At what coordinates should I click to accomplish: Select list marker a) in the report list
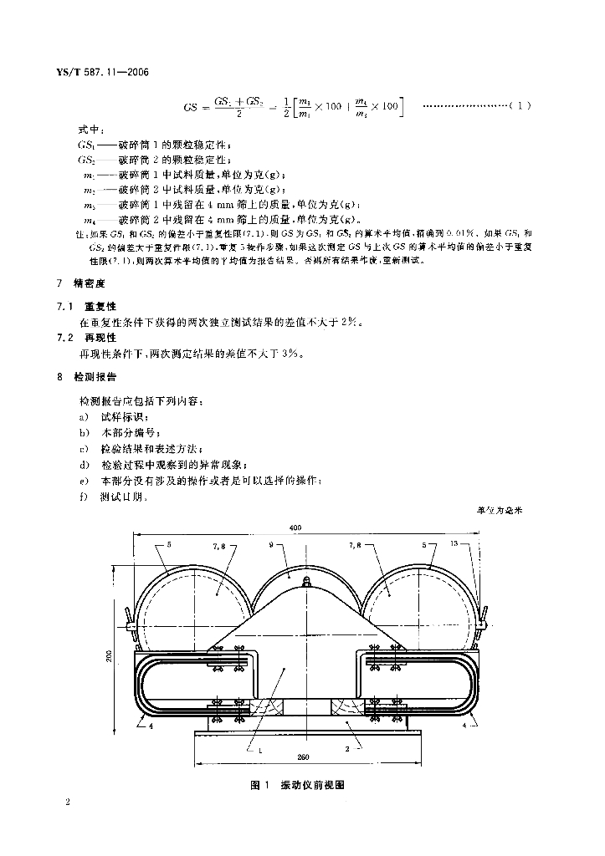83,417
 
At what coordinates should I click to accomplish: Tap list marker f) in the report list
83,497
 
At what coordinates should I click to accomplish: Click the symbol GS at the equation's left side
191,107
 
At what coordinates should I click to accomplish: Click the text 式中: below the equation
90,130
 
